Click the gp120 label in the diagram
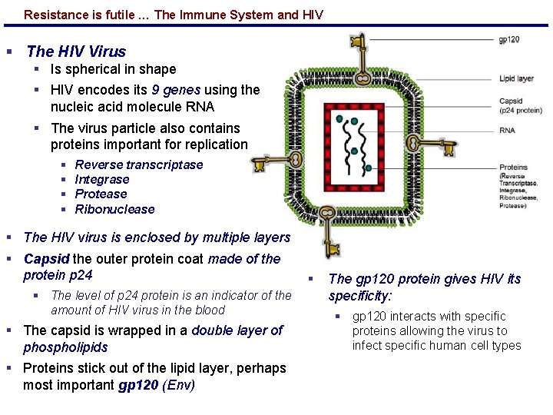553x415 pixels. (x=509, y=40)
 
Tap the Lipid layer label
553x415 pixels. (x=516, y=78)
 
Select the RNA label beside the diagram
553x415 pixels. (x=507, y=131)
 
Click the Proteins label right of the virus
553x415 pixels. (x=513, y=167)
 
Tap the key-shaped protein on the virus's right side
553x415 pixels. (x=419, y=143)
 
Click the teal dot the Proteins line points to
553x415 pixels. (x=369, y=168)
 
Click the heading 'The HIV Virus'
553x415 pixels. (x=75, y=51)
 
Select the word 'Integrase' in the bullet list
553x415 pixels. (x=102, y=179)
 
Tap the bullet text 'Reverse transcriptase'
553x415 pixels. (x=139, y=164)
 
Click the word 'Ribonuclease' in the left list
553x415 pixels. (x=114, y=209)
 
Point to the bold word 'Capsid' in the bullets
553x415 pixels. (x=47, y=259)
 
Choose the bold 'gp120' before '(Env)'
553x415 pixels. (x=141, y=384)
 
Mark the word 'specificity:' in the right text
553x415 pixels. (x=360, y=296)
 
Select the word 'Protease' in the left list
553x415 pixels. (x=101, y=194)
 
